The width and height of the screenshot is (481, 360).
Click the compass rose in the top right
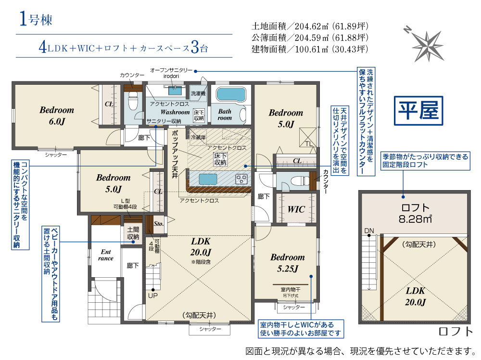pyautogui.click(x=426, y=45)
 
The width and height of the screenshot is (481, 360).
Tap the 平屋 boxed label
pyautogui.click(x=418, y=111)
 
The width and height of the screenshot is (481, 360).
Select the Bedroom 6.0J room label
pyautogui.click(x=57, y=116)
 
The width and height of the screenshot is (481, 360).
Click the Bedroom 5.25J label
pyautogui.click(x=288, y=263)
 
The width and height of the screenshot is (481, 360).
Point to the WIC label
pyautogui.click(x=296, y=209)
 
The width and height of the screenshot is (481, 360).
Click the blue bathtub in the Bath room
pyautogui.click(x=231, y=94)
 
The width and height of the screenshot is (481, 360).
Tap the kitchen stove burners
pyautogui.click(x=241, y=179)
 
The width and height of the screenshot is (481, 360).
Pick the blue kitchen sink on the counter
pyautogui.click(x=208, y=179)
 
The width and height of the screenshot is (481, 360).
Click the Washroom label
pyautogui.click(x=175, y=112)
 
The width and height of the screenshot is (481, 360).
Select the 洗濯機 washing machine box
pyautogui.click(x=198, y=93)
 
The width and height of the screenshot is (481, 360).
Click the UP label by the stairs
pyautogui.click(x=153, y=296)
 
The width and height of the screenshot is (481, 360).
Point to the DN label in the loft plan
pyautogui.click(x=369, y=231)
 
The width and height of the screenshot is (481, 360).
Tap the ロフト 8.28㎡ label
pyautogui.click(x=415, y=213)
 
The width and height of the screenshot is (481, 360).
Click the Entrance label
pyautogui.click(x=105, y=255)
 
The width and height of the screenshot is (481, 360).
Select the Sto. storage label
pyautogui.click(x=159, y=224)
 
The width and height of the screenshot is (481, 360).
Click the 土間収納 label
pyautogui.click(x=133, y=233)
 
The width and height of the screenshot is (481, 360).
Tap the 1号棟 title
pyautogui.click(x=36, y=19)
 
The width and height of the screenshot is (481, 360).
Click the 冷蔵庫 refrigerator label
pyautogui.click(x=198, y=137)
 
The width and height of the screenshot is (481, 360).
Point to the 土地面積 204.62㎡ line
pyautogui.click(x=310, y=26)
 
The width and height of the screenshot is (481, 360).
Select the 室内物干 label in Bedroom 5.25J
pyautogui.click(x=290, y=289)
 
